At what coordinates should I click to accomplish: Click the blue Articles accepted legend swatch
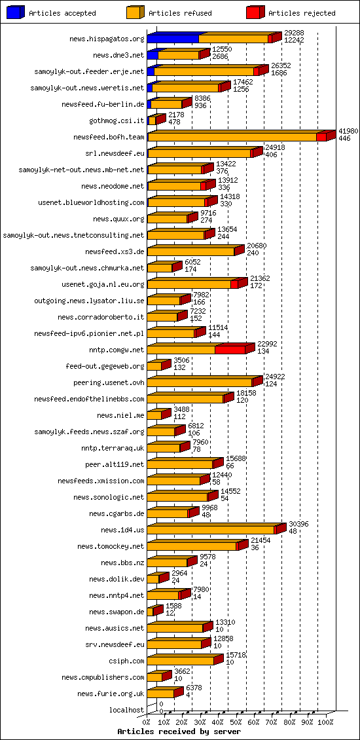16,12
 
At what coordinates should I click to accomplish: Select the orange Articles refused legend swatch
135,12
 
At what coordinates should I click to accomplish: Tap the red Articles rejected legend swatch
255,12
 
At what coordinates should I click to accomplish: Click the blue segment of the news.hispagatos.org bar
173,39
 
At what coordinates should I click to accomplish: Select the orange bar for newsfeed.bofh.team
232,138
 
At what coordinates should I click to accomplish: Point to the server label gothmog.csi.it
117,120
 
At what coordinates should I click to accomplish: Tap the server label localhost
126,710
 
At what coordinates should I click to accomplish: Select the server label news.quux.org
118,219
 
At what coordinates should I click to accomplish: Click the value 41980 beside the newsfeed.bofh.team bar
348,132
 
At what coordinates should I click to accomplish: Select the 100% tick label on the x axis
325,722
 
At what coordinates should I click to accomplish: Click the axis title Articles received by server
179,731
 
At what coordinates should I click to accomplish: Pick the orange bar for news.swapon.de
150,612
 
